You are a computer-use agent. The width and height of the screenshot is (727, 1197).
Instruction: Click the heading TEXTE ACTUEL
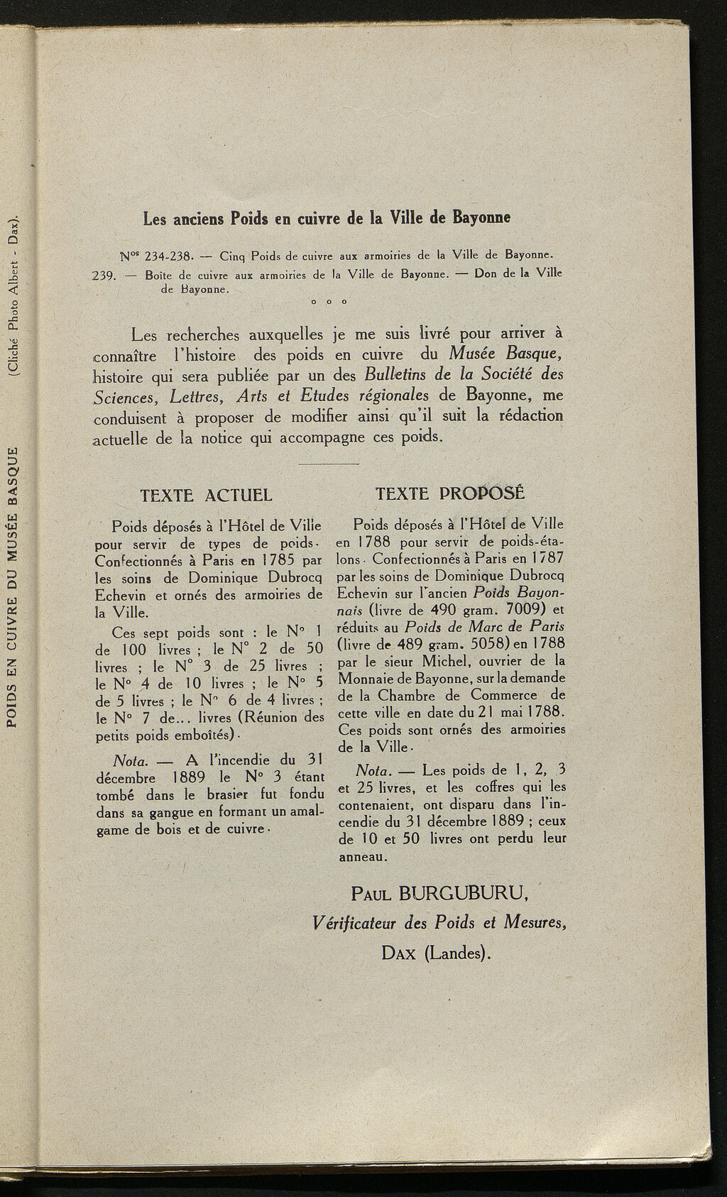206,495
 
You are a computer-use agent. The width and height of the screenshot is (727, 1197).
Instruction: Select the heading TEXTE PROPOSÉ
450,493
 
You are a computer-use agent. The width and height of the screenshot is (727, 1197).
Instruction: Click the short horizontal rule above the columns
329,464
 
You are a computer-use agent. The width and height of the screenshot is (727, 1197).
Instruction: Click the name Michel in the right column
439,662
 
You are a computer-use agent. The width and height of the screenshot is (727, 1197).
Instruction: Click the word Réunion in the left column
280,717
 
